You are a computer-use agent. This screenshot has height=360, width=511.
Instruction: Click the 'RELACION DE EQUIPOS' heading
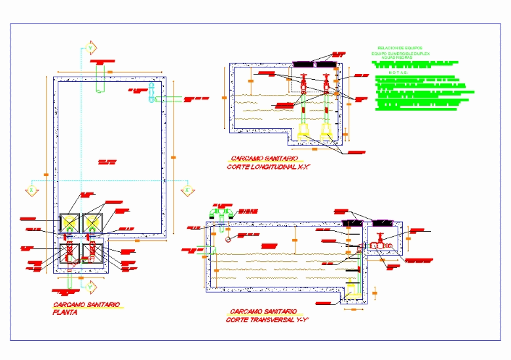pos(401,48)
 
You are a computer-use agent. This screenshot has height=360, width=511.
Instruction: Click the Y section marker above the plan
pos(92,47)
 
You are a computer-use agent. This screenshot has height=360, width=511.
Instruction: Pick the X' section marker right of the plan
pos(187,190)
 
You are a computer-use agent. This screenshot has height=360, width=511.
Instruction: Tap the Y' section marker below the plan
pos(91,286)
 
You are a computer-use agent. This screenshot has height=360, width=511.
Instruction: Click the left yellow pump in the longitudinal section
pos(303,133)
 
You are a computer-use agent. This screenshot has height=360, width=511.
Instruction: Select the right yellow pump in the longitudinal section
pos(326,133)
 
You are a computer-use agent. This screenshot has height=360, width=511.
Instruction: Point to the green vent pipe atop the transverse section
pos(221,212)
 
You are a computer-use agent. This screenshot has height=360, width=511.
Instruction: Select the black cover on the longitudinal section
pos(314,65)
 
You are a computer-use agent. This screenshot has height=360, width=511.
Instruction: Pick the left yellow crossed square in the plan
pos(69,223)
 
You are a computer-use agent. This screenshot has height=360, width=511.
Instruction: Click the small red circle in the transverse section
pos(227,240)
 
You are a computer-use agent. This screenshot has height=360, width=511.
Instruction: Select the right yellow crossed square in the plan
pos(92,223)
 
